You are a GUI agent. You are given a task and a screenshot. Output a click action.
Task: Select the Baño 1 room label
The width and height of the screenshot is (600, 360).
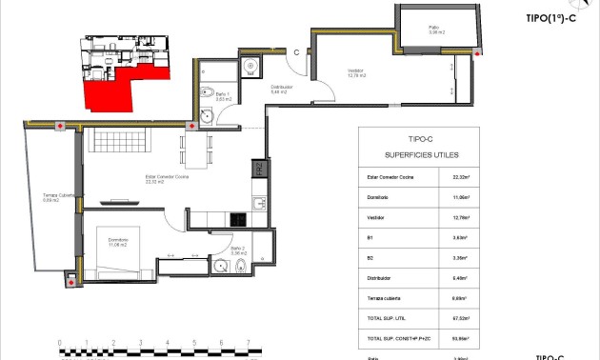point(221,95)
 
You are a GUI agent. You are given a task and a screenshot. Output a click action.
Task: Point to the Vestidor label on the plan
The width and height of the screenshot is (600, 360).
point(356,72)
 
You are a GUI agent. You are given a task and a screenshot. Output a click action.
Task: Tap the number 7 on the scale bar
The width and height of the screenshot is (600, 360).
point(249,342)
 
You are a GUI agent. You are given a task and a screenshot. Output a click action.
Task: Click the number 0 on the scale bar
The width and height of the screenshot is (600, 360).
point(59,342)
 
